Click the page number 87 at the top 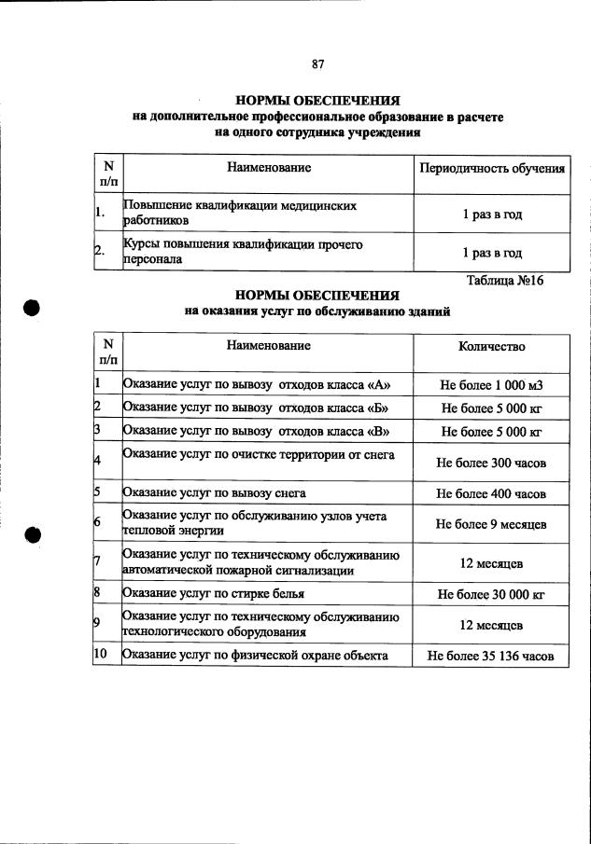[317, 64]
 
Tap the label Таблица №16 [504, 280]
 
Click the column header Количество [492, 347]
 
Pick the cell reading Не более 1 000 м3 [492, 384]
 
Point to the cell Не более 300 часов [492, 463]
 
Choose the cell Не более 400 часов [492, 494]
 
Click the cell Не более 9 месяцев [492, 524]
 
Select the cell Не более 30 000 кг [492, 593]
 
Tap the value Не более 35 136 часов [492, 657]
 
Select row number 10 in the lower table [101, 656]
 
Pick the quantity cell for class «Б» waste [492, 408]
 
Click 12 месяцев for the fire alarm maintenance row [492, 564]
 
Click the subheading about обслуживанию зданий [318, 312]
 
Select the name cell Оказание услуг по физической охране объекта [255, 656]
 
